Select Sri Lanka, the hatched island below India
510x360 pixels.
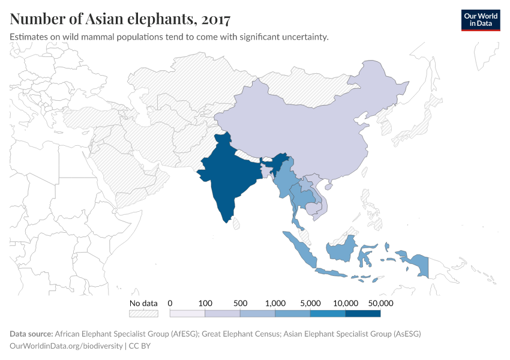point(236,224)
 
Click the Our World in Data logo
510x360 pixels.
point(480,20)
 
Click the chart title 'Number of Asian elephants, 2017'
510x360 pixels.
point(120,19)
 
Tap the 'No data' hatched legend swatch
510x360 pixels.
point(143,313)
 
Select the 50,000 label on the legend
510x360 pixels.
point(380,303)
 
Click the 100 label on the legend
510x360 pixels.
point(205,303)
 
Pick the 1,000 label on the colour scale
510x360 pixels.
point(275,303)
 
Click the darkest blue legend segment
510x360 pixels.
point(363,313)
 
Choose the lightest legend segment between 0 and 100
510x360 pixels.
point(187,313)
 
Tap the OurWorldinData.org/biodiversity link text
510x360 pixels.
point(67,346)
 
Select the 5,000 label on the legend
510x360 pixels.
point(310,303)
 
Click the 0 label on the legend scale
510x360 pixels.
point(170,303)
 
